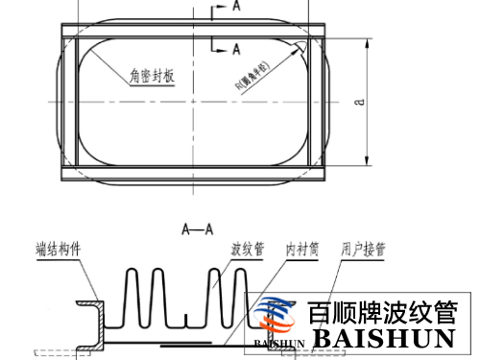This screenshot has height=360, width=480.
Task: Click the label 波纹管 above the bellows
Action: [x=246, y=249]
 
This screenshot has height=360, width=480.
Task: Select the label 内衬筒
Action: [x=302, y=249]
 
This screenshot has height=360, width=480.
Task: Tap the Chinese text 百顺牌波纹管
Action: [x=383, y=313]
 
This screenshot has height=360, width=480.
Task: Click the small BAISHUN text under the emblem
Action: [x=279, y=342]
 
